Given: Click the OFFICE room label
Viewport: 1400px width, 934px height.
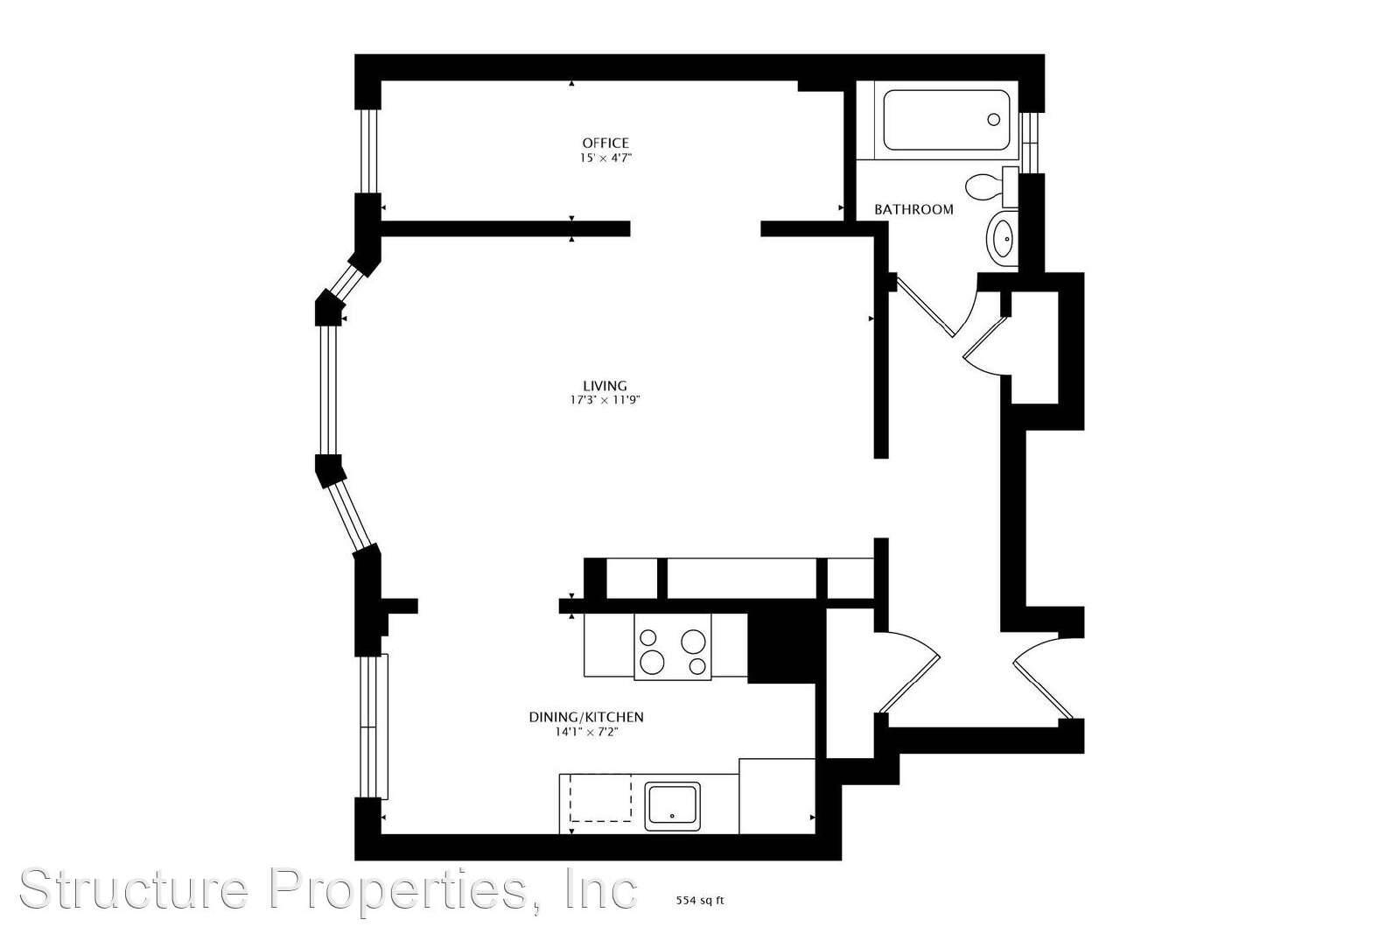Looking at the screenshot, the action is tap(605, 144).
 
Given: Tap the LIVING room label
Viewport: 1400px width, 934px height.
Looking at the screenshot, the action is tap(605, 386).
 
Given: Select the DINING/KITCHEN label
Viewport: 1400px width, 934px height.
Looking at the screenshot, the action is tap(586, 717).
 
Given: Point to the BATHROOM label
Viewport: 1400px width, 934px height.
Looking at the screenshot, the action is tap(913, 209).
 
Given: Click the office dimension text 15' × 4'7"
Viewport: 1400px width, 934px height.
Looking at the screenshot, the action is tap(605, 158).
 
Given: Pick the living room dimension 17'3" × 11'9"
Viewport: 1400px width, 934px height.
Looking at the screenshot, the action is tap(605, 400).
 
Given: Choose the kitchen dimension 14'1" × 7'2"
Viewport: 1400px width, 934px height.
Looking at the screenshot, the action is tap(586, 732).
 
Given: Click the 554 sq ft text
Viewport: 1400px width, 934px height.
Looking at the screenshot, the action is tap(699, 901).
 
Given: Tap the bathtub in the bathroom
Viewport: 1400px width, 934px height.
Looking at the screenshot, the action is tap(946, 120).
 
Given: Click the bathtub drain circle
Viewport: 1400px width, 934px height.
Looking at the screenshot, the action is tap(993, 119).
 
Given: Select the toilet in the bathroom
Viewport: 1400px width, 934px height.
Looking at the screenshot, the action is tap(991, 186).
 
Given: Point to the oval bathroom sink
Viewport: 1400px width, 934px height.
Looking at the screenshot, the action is tap(1003, 238).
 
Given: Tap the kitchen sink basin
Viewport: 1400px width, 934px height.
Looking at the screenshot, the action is tap(672, 806).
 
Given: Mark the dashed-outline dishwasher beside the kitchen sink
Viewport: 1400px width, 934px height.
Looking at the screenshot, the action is tap(600, 797).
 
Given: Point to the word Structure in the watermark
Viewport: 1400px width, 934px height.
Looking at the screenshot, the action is tap(135, 888).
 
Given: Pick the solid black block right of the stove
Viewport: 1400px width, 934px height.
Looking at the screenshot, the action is tap(782, 648).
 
